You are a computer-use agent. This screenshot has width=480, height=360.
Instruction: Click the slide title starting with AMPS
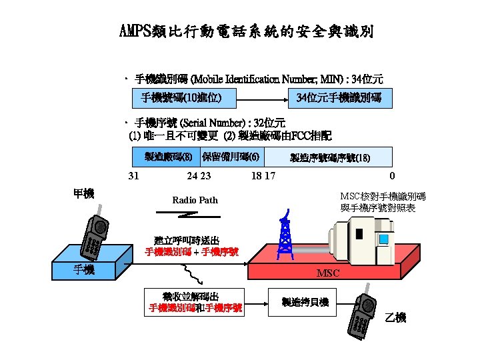(x=246, y=32)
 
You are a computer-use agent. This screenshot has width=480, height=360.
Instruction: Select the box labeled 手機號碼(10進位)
(x=181, y=98)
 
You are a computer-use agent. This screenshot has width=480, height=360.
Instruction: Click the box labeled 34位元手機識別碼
(x=339, y=98)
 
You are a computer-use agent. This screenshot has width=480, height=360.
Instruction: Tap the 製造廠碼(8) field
(x=163, y=157)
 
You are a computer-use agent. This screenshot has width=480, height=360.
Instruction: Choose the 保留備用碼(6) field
(x=231, y=157)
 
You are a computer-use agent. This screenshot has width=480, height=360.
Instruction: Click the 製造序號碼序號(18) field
(x=329, y=157)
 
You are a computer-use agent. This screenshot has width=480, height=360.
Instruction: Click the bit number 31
(x=133, y=176)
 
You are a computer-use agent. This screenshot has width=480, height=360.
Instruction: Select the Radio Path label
(x=195, y=200)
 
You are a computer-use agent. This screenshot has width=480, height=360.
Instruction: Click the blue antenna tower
(x=285, y=237)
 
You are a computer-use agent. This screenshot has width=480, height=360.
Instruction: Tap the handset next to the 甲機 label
(x=93, y=236)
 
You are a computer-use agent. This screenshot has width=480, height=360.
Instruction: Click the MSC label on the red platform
(x=328, y=273)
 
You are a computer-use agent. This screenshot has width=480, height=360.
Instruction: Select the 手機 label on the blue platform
(x=84, y=269)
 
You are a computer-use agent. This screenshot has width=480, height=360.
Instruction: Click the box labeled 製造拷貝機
(x=305, y=302)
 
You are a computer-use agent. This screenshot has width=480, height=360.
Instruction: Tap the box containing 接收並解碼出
(x=195, y=302)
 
